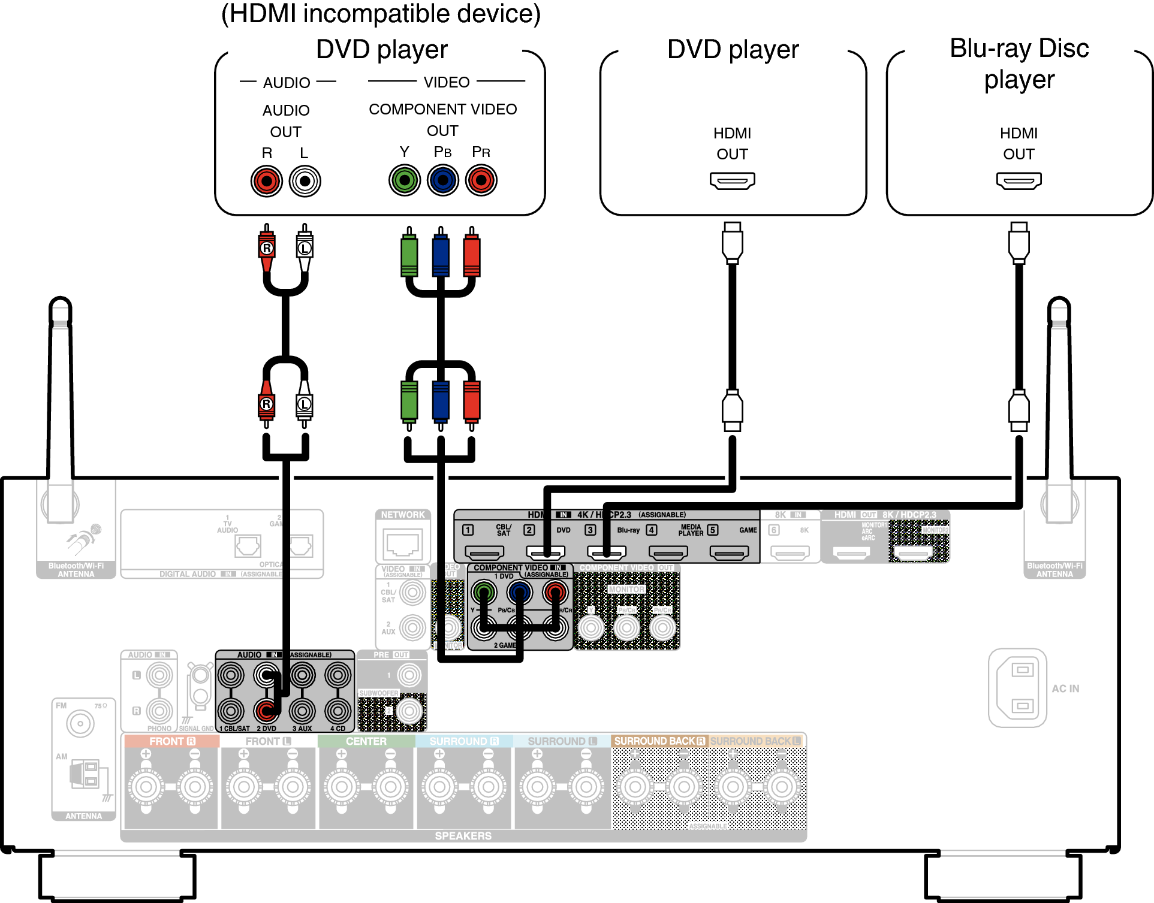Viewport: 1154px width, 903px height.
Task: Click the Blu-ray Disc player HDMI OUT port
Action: tap(1019, 180)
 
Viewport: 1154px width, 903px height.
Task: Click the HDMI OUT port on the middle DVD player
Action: tap(732, 180)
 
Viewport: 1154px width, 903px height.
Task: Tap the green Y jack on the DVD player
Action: tap(405, 180)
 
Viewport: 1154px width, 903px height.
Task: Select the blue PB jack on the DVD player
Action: tap(442, 180)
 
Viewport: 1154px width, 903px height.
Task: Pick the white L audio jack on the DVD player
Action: tap(305, 181)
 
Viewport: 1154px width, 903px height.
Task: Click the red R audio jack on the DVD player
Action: tap(267, 181)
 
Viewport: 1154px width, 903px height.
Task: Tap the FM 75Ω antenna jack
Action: tap(80, 723)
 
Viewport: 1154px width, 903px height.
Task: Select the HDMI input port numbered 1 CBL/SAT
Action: tap(484, 552)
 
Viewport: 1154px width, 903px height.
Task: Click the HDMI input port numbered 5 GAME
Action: tap(729, 552)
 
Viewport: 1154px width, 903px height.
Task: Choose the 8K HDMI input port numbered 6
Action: tap(790, 552)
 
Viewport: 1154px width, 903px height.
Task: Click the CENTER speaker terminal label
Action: tap(366, 741)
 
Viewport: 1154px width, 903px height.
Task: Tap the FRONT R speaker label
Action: tap(172, 741)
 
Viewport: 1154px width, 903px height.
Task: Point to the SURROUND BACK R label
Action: tap(659, 741)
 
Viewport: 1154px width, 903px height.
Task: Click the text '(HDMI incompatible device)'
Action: tap(381, 13)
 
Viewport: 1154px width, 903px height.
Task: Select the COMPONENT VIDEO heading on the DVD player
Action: tap(442, 109)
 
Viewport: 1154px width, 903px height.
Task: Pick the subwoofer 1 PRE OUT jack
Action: tap(409, 675)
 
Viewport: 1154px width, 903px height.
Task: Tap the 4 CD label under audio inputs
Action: tap(338, 729)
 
